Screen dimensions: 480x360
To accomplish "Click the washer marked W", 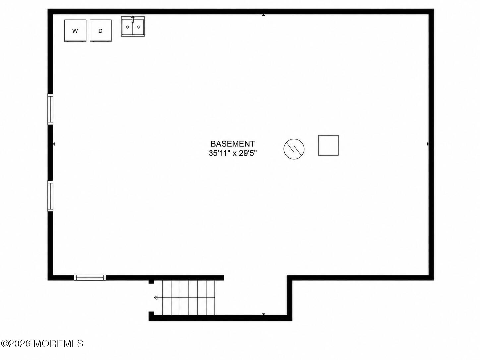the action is click(75, 30).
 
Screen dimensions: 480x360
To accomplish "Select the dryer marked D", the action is click(100, 30).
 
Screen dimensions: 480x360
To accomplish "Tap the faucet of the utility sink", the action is click(133, 19).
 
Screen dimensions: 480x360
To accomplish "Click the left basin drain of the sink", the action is click(127, 27).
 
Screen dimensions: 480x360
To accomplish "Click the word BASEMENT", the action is click(233, 144).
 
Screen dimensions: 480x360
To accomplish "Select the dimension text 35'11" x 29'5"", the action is click(232, 153).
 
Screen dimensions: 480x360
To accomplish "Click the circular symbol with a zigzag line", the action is click(294, 149).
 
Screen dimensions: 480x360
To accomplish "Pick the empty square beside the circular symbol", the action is click(328, 145).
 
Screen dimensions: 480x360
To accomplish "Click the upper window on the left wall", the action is click(50, 109).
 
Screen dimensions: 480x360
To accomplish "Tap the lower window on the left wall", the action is click(50, 196).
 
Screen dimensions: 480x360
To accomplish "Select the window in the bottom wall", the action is click(90, 278).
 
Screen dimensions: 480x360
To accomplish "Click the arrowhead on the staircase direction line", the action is click(156, 298).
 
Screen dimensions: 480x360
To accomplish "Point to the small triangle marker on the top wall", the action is click(264, 15).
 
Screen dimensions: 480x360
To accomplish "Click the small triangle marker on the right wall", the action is click(428, 144).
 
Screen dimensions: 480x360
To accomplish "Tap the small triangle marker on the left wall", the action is click(54, 144).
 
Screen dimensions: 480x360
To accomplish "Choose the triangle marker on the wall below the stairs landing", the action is click(264, 314).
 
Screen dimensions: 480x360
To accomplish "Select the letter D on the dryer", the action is click(100, 31).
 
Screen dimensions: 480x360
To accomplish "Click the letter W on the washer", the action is click(75, 31).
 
